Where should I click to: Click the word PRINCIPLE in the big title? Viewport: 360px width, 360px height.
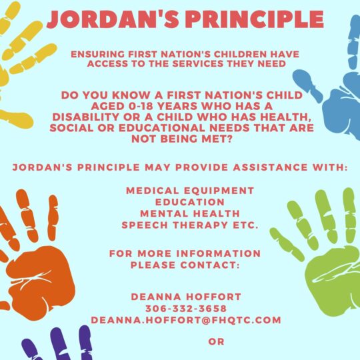[x=255, y=19]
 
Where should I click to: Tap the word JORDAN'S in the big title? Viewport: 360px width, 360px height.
[x=113, y=19]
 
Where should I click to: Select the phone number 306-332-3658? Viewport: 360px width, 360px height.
[x=186, y=309]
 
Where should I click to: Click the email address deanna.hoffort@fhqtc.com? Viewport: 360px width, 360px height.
[x=186, y=320]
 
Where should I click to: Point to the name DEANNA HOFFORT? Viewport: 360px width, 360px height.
[x=186, y=297]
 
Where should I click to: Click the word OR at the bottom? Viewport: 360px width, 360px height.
[x=216, y=341]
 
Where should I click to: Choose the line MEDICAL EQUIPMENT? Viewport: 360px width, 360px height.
[x=190, y=191]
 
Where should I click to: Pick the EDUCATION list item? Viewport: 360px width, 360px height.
[x=190, y=202]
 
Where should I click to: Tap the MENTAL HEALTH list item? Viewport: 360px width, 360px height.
[x=190, y=213]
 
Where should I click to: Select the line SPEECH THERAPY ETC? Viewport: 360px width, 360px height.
[x=190, y=225]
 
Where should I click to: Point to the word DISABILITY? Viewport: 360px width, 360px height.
[x=86, y=117]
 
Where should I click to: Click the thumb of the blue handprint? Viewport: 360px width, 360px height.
[x=307, y=85]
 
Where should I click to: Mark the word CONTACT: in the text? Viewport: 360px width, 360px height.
[x=210, y=265]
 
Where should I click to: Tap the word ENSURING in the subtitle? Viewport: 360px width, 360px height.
[x=98, y=55]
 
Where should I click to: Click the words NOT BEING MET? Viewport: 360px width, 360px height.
[x=182, y=139]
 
